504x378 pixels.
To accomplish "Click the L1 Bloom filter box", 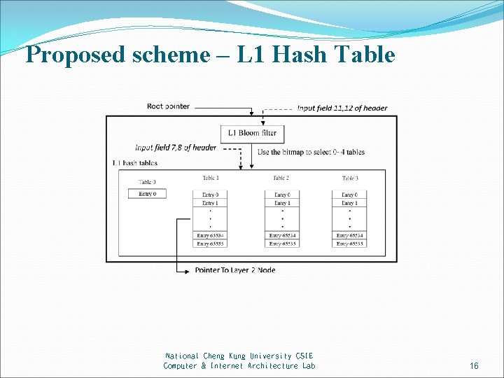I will point(252,133).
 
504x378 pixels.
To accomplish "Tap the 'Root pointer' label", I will point(168,106).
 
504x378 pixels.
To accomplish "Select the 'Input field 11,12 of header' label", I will point(342,108).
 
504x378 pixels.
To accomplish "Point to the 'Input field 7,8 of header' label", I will point(176,148).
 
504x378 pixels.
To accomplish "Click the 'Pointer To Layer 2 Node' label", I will point(235,270).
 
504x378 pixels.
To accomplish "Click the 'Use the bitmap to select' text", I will point(311,152).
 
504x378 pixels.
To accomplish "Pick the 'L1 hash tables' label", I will point(135,163).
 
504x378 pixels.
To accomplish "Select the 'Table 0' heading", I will point(147,182).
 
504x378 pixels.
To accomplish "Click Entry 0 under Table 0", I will point(147,193).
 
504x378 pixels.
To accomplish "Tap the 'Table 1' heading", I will point(211,178).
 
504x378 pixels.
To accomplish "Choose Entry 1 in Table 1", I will point(210,203).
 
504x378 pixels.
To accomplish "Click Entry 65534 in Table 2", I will point(282,235).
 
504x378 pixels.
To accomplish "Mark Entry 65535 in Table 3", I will point(349,244).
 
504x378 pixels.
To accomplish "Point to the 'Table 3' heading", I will point(349,178).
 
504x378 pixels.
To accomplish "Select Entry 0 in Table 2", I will point(282,195).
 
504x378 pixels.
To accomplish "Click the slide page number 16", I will point(474,366).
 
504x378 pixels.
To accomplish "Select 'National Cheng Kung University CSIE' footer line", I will point(239,356).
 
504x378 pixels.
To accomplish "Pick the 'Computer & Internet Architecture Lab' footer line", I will point(239,366).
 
